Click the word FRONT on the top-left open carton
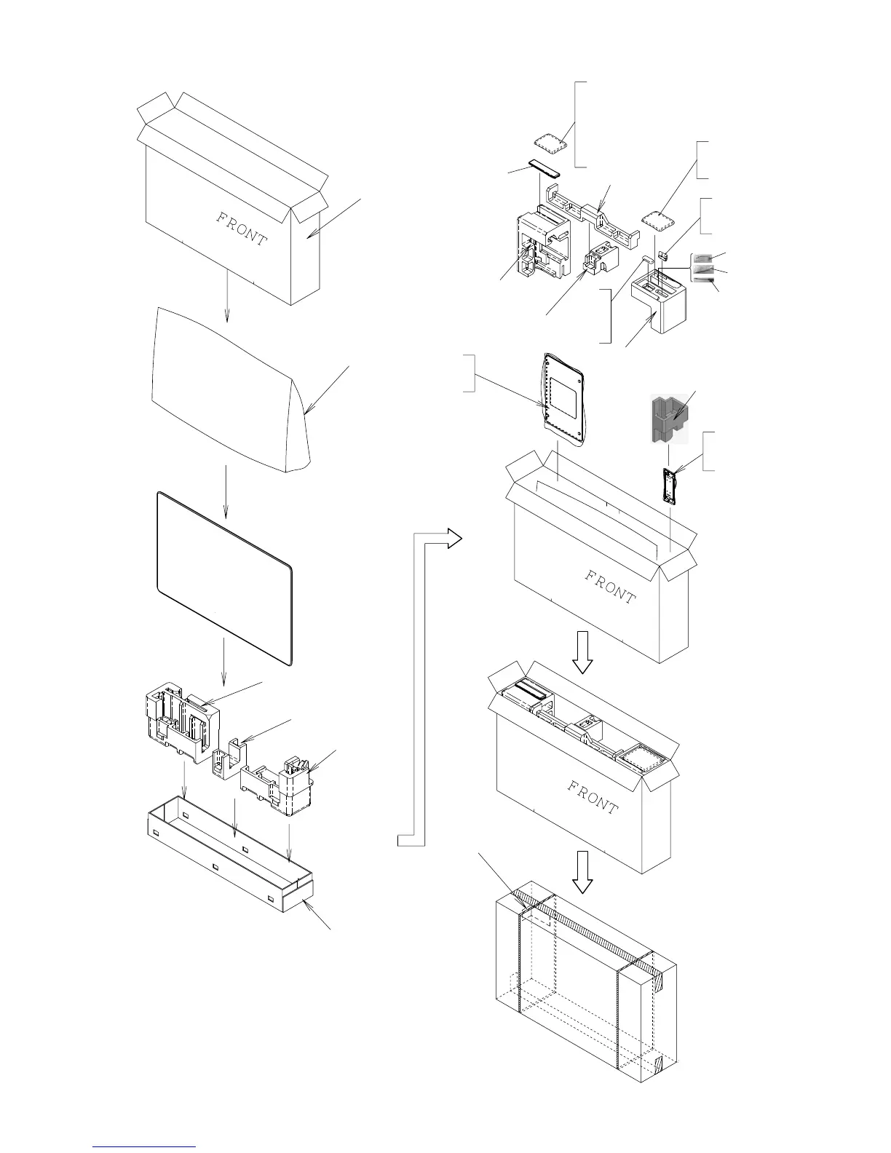[x=242, y=228]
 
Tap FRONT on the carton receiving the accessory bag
[x=610, y=587]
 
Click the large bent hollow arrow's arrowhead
[x=453, y=539]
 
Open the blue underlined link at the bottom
[x=145, y=1146]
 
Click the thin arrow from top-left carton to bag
[x=226, y=295]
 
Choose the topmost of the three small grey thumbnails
[x=702, y=258]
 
